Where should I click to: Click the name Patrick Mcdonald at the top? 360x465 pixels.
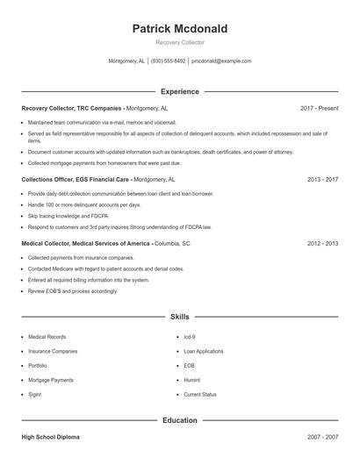179,29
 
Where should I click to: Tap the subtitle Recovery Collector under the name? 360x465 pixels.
179,43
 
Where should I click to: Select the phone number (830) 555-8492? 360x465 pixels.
169,61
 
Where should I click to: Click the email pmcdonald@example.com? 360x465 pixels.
221,61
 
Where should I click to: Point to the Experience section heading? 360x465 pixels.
179,91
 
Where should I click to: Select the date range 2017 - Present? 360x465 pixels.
319,108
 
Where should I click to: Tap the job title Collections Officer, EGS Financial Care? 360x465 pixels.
76,178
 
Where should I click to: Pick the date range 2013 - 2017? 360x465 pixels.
322,178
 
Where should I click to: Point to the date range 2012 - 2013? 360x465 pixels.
322,243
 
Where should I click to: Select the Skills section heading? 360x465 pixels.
179,316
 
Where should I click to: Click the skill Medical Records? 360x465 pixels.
47,336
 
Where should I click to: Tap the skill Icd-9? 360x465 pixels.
189,336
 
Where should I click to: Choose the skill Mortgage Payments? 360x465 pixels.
51,380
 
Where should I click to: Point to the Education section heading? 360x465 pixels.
179,420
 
